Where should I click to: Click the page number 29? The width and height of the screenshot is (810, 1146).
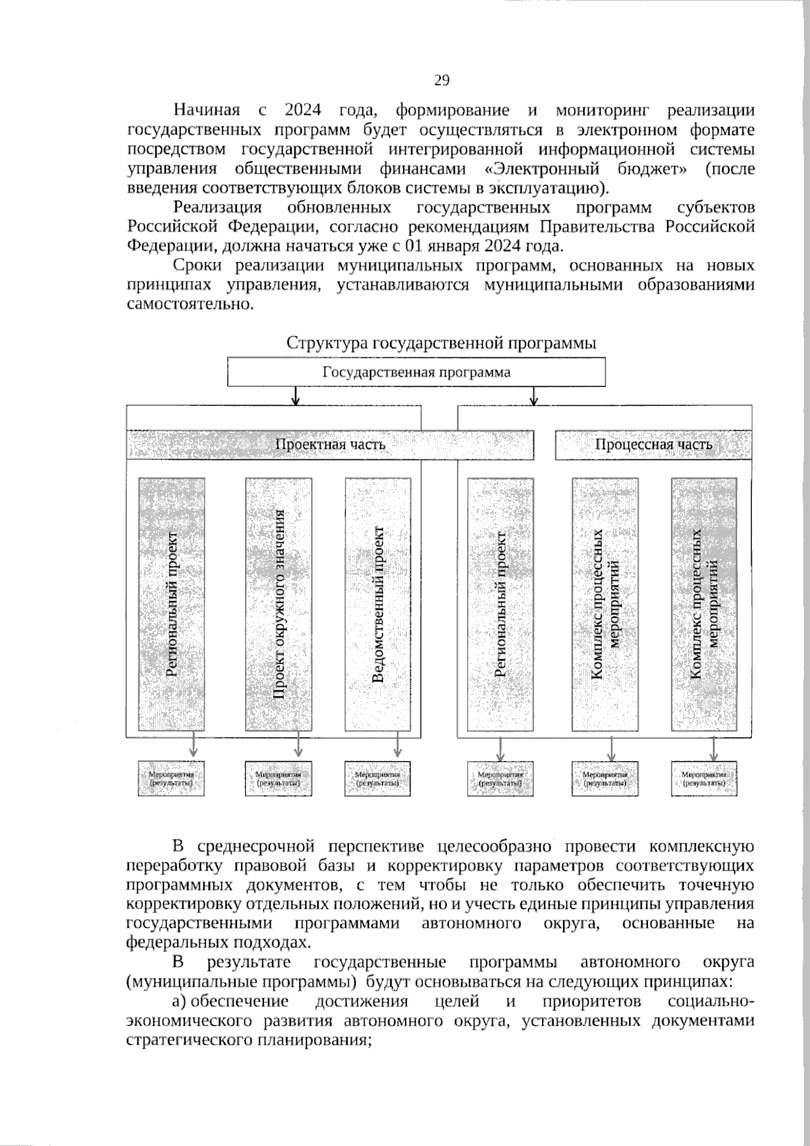pyautogui.click(x=441, y=81)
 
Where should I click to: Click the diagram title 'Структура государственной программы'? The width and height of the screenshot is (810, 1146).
pyautogui.click(x=441, y=343)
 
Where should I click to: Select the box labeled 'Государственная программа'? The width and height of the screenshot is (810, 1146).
pyautogui.click(x=416, y=372)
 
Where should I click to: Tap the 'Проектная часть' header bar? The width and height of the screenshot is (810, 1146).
pyautogui.click(x=330, y=444)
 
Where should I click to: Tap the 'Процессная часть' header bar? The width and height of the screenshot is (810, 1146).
pyautogui.click(x=653, y=444)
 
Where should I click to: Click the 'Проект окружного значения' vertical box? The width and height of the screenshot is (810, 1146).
pyautogui.click(x=278, y=604)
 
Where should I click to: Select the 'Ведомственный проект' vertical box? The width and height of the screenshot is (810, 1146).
pyautogui.click(x=377, y=604)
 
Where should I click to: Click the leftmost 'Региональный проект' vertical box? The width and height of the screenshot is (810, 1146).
pyautogui.click(x=171, y=604)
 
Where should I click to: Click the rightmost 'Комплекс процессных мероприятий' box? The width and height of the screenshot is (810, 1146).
pyautogui.click(x=704, y=604)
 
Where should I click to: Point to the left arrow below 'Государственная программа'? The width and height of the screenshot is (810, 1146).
pyautogui.click(x=296, y=396)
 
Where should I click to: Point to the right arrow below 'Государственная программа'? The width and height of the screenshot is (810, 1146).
pyautogui.click(x=535, y=396)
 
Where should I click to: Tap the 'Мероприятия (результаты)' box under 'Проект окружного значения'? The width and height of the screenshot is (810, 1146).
pyautogui.click(x=278, y=779)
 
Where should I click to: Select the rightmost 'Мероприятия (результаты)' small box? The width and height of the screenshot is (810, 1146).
pyautogui.click(x=704, y=779)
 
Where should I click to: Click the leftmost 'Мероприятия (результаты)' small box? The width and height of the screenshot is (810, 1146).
pyautogui.click(x=171, y=779)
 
